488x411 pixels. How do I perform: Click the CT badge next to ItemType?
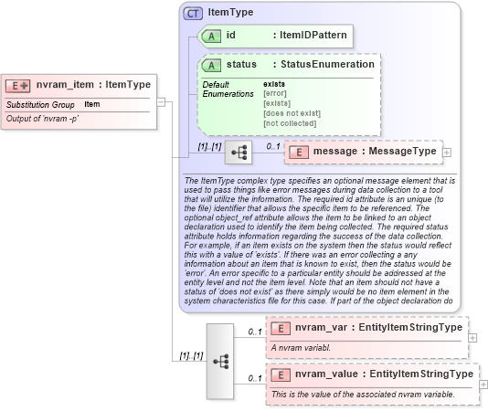(x=194, y=14)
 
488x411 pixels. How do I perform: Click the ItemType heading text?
(x=230, y=14)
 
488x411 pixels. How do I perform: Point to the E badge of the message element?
(x=299, y=151)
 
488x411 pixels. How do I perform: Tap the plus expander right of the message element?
(x=447, y=152)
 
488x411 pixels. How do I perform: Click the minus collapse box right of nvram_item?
(x=161, y=101)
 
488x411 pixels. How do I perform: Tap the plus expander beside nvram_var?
(x=472, y=337)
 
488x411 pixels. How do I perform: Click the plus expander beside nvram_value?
(x=483, y=383)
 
